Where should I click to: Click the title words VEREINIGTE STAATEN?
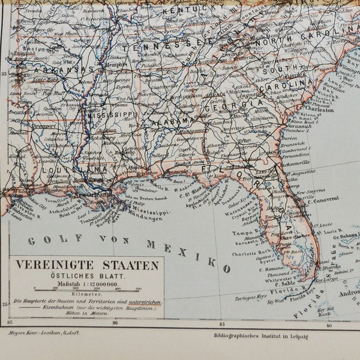coord(87,265)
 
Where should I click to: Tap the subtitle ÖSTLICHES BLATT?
coord(87,277)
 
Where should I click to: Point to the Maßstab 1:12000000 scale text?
coord(87,284)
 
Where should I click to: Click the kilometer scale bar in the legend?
coord(87,289)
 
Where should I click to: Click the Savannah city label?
coord(298,127)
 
